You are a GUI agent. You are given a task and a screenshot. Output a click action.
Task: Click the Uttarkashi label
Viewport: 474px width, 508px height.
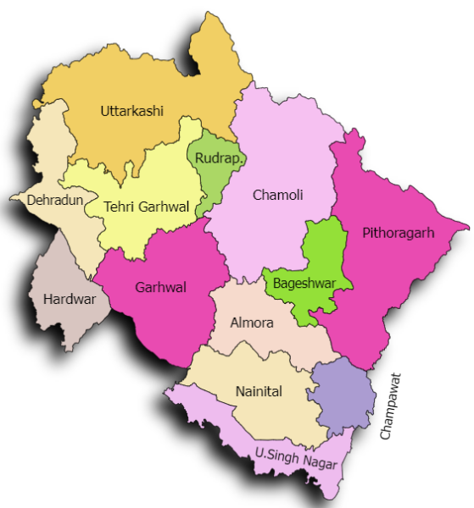pos(131,111)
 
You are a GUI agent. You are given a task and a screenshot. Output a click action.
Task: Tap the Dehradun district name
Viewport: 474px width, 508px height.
pos(52,201)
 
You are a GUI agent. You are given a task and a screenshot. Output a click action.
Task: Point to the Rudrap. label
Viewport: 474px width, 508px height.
pos(219,158)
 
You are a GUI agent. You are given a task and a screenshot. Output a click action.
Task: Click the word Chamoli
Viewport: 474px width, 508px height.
pos(277,196)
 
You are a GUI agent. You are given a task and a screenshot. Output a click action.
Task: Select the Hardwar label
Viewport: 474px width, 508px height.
pos(70,299)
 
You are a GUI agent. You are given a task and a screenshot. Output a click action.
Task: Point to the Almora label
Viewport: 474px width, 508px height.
pos(252,323)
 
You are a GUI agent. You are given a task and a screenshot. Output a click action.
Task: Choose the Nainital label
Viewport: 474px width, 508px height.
pos(259,390)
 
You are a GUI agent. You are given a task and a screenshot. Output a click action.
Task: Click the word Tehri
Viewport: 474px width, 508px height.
pos(119,206)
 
